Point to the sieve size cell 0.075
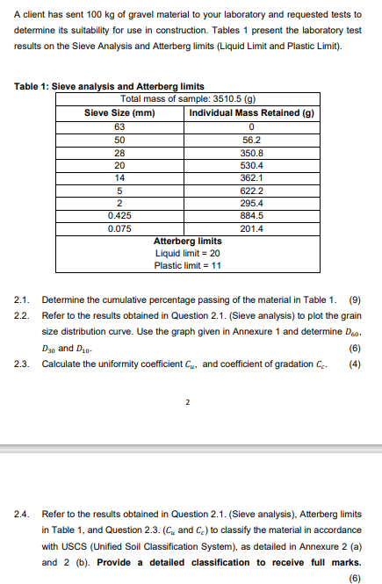(x=120, y=227)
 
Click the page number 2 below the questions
(x=188, y=405)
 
